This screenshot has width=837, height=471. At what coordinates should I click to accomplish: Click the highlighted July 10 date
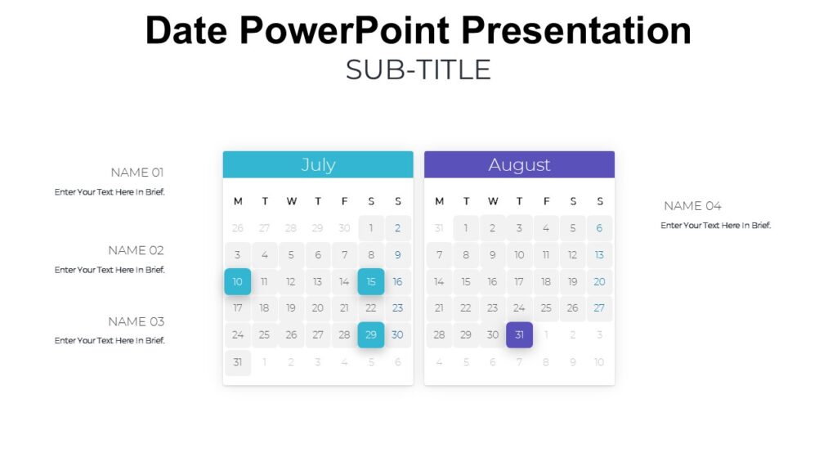click(238, 282)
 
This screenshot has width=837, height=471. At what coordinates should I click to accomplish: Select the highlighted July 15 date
click(371, 282)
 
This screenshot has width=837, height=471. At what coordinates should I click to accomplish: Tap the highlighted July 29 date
click(371, 334)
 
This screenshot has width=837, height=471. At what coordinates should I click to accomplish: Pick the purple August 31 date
click(519, 334)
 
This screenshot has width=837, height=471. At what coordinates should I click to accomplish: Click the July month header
click(318, 164)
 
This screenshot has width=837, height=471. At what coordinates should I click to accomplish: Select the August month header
click(519, 164)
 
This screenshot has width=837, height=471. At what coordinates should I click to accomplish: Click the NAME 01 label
click(137, 173)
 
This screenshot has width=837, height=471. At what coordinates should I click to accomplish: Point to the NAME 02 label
click(136, 250)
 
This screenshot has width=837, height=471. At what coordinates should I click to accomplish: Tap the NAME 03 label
click(136, 321)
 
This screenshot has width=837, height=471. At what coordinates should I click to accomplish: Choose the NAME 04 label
click(692, 206)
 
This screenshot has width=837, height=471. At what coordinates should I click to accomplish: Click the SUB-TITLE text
click(418, 70)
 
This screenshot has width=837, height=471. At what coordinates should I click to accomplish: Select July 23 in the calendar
click(398, 308)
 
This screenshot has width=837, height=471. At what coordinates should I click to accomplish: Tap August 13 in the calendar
click(599, 255)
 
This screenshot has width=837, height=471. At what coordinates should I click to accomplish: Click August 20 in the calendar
click(599, 282)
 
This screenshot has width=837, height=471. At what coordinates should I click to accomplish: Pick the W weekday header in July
click(291, 201)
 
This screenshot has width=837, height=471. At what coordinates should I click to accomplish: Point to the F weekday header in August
click(546, 201)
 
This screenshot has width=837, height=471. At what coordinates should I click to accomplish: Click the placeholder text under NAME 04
click(715, 226)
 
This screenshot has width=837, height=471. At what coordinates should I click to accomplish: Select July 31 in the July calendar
click(238, 361)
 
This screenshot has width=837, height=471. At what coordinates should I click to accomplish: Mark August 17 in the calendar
click(519, 282)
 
